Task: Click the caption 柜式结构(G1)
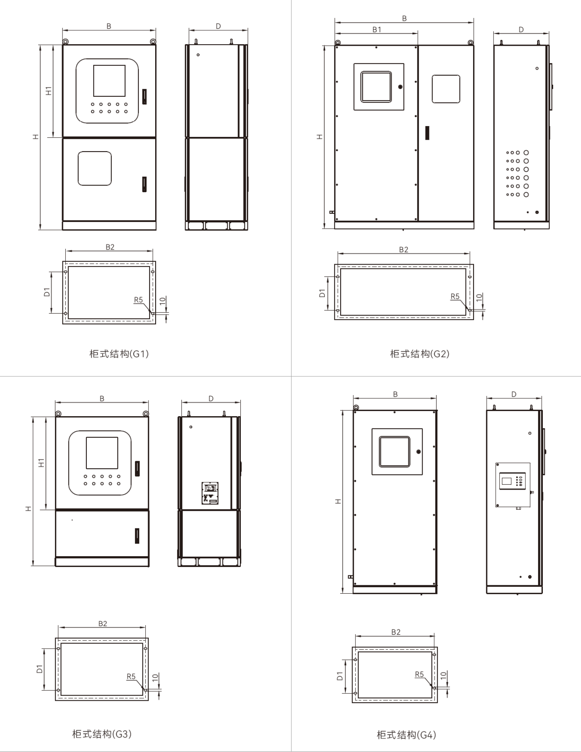(x=119, y=354)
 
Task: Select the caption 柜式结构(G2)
(x=419, y=354)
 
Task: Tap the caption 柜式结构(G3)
(x=102, y=734)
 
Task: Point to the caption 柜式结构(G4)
(x=406, y=734)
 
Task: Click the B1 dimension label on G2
(x=376, y=29)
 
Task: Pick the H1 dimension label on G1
(x=49, y=91)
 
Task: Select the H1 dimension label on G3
(x=41, y=463)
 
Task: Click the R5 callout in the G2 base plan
(x=455, y=296)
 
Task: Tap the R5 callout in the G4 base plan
(x=419, y=674)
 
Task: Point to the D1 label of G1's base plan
(x=47, y=292)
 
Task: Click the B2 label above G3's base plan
(x=103, y=623)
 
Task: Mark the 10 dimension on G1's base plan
(x=162, y=301)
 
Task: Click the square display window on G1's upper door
(x=109, y=81)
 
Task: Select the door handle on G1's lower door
(x=144, y=184)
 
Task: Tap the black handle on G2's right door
(x=427, y=132)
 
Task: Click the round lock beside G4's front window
(x=418, y=452)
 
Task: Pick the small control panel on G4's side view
(x=513, y=485)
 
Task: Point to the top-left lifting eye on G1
(x=65, y=42)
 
